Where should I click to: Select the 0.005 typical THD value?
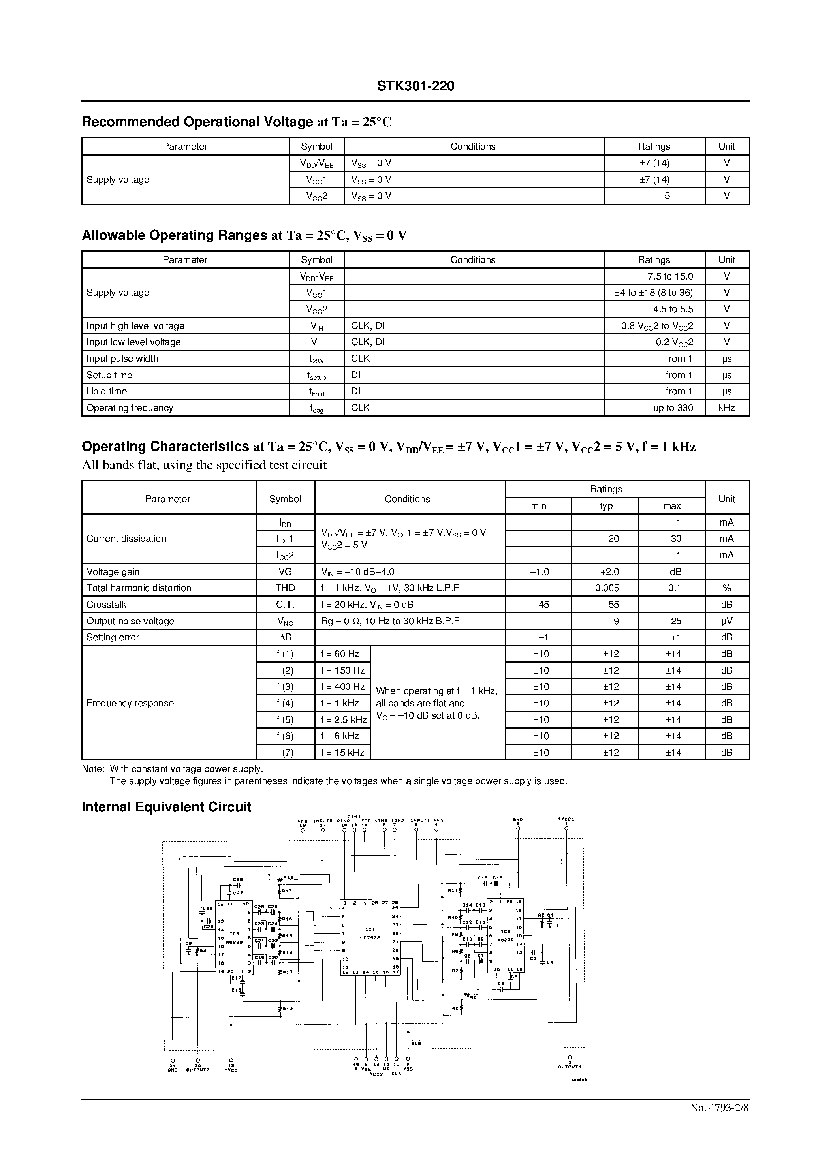click(x=607, y=588)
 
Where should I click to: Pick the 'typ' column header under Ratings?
click(x=606, y=506)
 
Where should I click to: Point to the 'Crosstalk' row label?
click(x=107, y=604)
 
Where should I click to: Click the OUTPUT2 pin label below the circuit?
click(x=197, y=1069)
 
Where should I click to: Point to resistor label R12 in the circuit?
click(x=288, y=1008)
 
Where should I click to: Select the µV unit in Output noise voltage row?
click(x=727, y=621)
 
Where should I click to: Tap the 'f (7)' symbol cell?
click(x=285, y=752)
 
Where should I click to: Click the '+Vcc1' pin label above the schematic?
click(x=566, y=819)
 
